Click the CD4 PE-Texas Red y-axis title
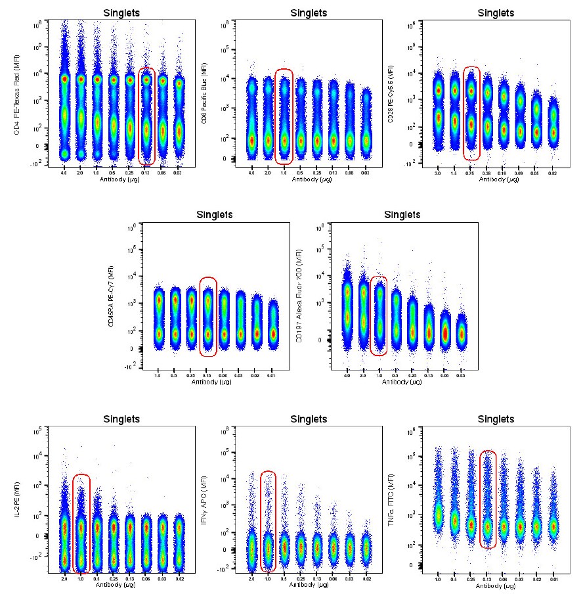click(16, 94)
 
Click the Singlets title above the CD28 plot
click(496, 12)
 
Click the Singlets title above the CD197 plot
click(403, 214)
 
